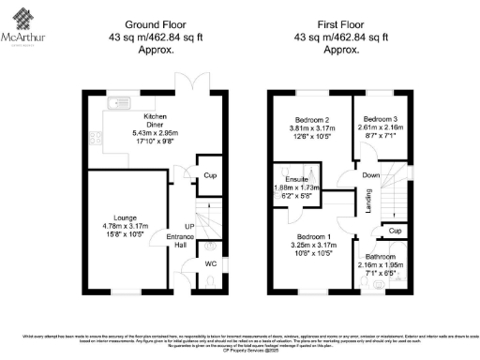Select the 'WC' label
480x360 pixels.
[210, 263]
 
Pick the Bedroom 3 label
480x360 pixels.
[381, 119]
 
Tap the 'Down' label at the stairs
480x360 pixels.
[370, 175]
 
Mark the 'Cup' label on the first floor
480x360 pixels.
[395, 230]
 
